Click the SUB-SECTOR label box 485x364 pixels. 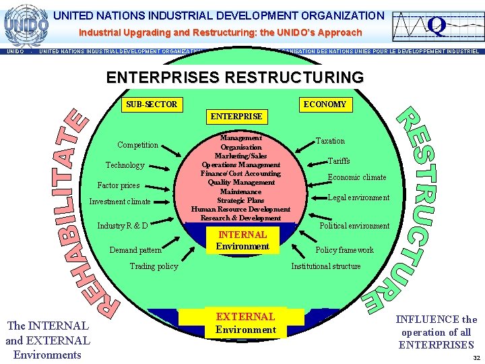coord(152,104)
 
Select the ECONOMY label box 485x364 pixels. coord(325,104)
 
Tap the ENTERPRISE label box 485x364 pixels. coord(236,117)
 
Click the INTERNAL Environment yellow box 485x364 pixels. coord(243,241)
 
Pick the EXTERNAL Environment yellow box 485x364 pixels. coord(245,323)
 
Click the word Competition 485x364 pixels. coord(137,145)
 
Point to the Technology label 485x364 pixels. coord(125,165)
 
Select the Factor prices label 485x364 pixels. coord(119,185)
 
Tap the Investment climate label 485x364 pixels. coord(120,202)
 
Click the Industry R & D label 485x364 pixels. coord(123,225)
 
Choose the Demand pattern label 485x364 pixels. coord(135,250)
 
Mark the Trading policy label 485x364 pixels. coord(154,266)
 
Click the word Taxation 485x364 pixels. coord(330,141)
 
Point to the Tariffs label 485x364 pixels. coord(339,161)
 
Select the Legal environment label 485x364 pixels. coord(358,198)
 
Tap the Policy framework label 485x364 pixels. coord(344,250)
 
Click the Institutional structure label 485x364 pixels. coord(325,266)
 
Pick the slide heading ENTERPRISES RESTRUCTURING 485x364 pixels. coord(234,78)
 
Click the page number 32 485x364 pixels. coord(476,358)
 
